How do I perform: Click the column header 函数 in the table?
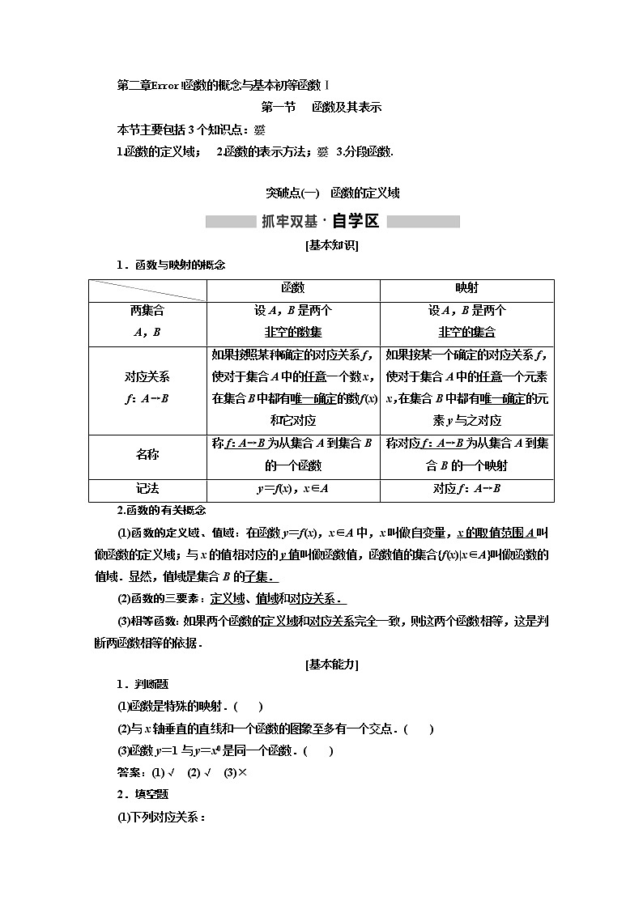(292, 288)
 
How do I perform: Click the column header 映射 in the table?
(466, 288)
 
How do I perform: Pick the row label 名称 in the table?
(147, 454)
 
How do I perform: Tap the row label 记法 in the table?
(147, 488)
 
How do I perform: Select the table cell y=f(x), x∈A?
(292, 488)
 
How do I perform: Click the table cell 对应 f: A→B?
(466, 488)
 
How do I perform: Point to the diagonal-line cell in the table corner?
(147, 290)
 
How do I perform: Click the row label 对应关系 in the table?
(147, 387)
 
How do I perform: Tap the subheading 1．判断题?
(142, 684)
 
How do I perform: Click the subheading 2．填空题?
(142, 794)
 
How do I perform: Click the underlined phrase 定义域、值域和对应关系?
(278, 598)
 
